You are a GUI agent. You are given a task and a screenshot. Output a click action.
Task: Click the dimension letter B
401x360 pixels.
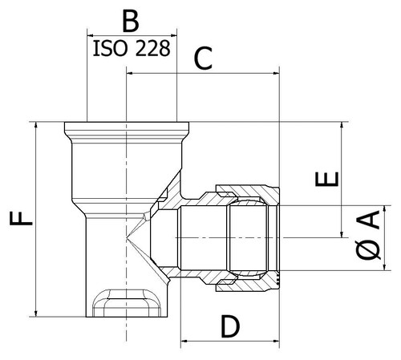131,21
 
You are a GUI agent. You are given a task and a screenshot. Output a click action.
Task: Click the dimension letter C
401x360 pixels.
203,59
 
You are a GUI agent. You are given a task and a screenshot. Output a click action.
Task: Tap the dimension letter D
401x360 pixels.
230,326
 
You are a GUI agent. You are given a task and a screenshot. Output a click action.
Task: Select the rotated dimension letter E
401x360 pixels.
326,179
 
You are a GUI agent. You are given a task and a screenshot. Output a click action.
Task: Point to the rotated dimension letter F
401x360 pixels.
21,218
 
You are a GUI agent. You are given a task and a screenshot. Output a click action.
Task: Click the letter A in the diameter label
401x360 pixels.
368,220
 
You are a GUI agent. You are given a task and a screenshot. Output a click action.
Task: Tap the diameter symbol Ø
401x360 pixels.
368,249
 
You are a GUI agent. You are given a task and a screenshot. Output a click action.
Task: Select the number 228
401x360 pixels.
152,48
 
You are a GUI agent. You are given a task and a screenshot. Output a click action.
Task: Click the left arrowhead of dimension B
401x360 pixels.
90,35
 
